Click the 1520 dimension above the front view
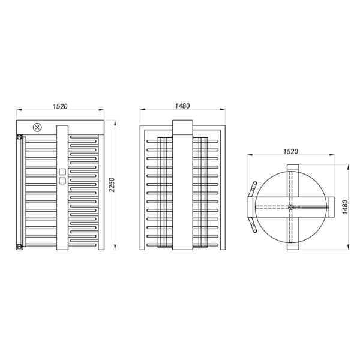(x=60, y=107)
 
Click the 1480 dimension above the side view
(x=182, y=106)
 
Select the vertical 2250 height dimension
(x=112, y=185)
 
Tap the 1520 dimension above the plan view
(x=290, y=152)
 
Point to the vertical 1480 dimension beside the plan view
(x=345, y=207)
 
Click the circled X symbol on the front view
(x=37, y=127)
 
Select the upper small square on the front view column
(x=62, y=172)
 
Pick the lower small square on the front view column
(x=62, y=181)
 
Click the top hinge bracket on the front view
(x=19, y=137)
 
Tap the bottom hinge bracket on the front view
(x=19, y=247)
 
